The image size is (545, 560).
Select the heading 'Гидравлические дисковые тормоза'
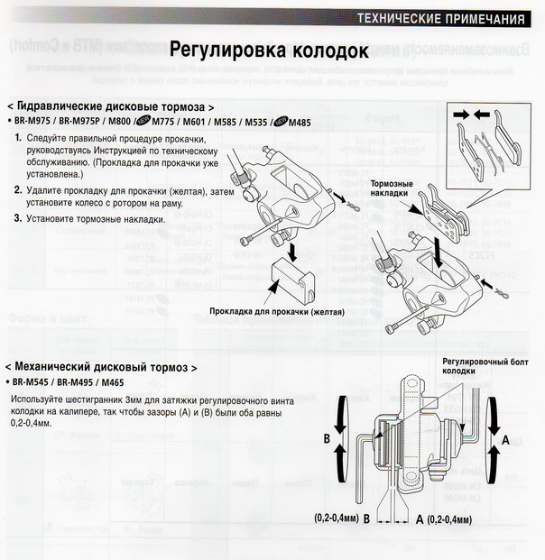[x=110, y=106]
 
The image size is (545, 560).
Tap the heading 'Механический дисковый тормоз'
[x=101, y=368]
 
